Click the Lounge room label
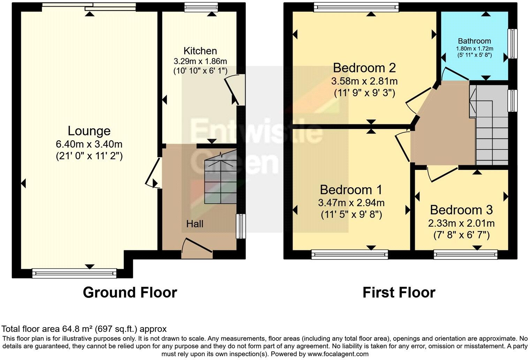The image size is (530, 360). pyautogui.click(x=89, y=131)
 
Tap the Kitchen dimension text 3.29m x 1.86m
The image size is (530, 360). pyautogui.click(x=200, y=61)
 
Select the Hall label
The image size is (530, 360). pyautogui.click(x=195, y=224)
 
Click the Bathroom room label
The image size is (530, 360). pyautogui.click(x=474, y=41)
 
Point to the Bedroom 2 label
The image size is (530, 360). pyautogui.click(x=364, y=67)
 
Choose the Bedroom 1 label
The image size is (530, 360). pyautogui.click(x=351, y=190)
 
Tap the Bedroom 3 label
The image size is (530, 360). pyautogui.click(x=461, y=210)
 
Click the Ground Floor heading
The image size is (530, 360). pyautogui.click(x=130, y=292)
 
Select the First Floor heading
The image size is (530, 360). pyautogui.click(x=399, y=292)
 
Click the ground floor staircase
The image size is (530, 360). pyautogui.click(x=220, y=180)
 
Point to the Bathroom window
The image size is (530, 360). pyautogui.click(x=513, y=44)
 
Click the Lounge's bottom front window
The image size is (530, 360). pyautogui.click(x=74, y=273)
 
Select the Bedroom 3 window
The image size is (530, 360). pyautogui.click(x=465, y=255)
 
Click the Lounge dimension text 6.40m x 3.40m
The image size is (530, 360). pyautogui.click(x=89, y=144)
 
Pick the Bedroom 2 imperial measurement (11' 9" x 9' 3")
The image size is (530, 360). pyautogui.click(x=364, y=93)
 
